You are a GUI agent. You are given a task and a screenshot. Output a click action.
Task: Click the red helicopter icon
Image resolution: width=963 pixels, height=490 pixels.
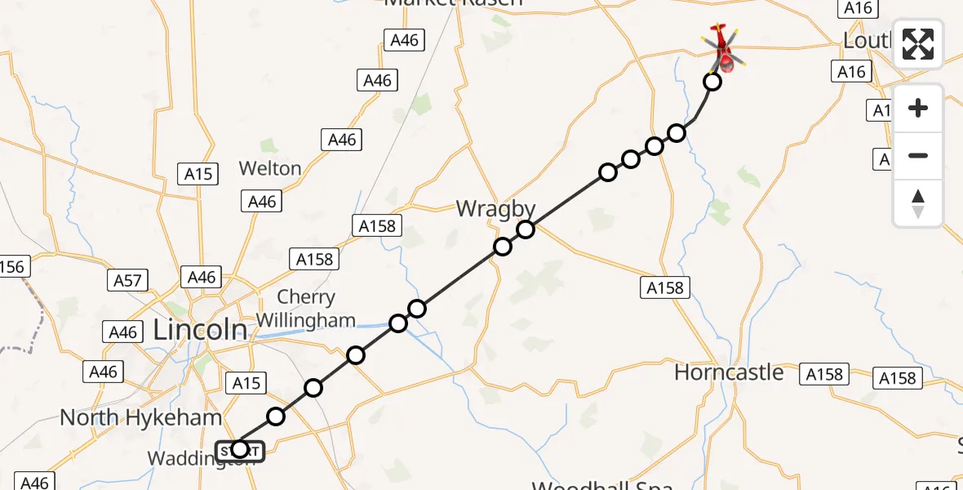722,49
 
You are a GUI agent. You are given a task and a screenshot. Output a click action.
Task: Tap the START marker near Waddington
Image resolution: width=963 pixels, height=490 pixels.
239,449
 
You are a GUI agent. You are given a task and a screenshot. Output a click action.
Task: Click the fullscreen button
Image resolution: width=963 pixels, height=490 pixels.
918,44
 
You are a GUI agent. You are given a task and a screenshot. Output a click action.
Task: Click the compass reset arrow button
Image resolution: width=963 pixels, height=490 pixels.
918,203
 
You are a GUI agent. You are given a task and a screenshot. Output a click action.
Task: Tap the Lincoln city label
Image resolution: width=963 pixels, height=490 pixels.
201,329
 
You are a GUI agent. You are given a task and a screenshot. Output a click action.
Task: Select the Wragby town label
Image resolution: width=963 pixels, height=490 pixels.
496,208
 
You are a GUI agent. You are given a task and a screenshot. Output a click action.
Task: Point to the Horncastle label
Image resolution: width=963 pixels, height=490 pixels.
729,372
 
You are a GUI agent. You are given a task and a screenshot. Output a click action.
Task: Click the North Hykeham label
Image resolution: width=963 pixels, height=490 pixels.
140,418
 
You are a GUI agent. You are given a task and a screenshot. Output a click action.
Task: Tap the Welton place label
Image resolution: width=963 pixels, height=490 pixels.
270,168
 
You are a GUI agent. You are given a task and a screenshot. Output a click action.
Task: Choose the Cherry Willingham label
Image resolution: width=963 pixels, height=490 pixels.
306,309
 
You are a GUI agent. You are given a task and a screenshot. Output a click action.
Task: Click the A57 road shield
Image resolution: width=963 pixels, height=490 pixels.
127,281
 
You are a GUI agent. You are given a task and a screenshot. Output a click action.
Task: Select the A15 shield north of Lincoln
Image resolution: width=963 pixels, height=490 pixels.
197,173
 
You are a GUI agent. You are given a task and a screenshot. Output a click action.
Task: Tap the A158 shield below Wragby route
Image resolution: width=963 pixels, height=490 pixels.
665,287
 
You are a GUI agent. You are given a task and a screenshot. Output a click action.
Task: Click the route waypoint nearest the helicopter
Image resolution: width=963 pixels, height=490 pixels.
712,82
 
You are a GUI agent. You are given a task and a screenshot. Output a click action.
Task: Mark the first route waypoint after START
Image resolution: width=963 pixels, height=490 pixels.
276,416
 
